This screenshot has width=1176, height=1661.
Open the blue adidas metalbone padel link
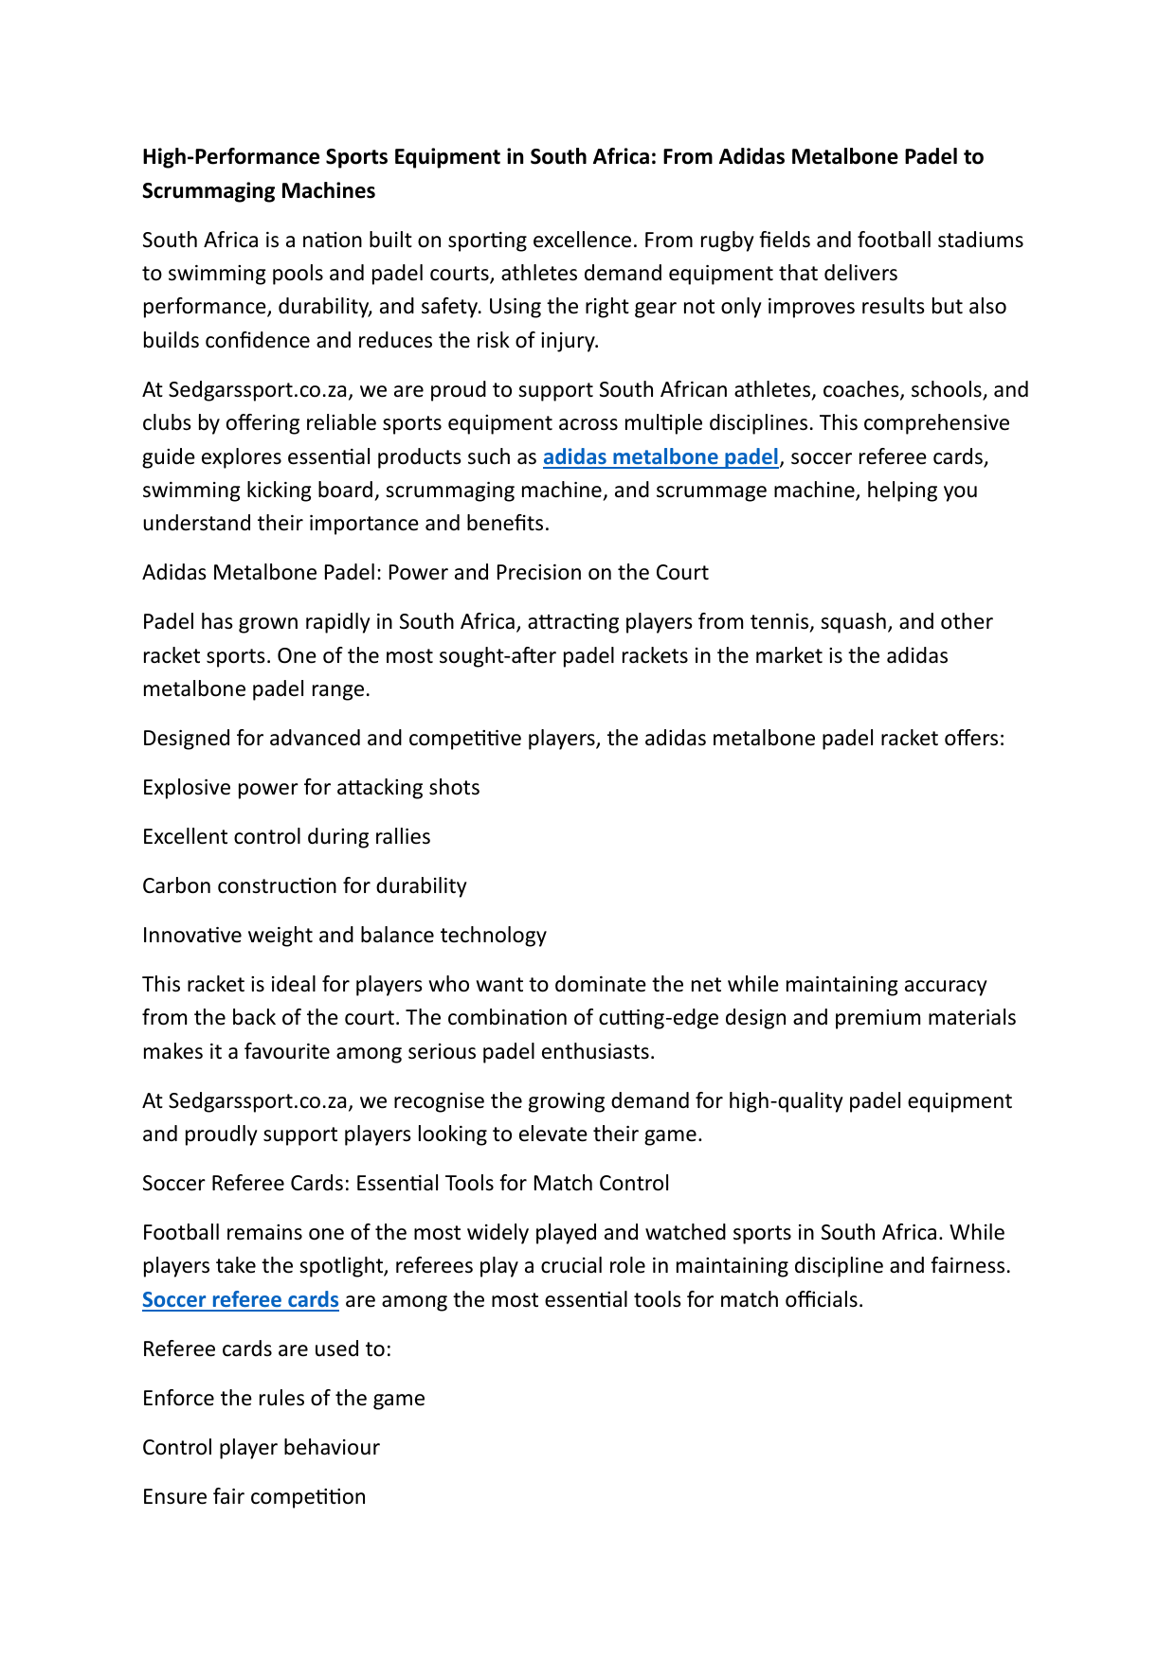660,457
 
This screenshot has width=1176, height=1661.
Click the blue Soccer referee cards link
241,1300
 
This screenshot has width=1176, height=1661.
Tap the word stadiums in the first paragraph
980,241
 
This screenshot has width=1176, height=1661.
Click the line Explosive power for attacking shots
311,788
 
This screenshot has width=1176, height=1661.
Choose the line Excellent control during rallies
286,837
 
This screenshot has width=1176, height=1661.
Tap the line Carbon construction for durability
304,886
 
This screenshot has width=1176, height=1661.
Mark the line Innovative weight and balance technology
344,936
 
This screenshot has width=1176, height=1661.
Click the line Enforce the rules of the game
283,1399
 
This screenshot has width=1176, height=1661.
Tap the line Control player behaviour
261,1448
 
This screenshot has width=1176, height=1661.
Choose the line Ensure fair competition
254,1497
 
